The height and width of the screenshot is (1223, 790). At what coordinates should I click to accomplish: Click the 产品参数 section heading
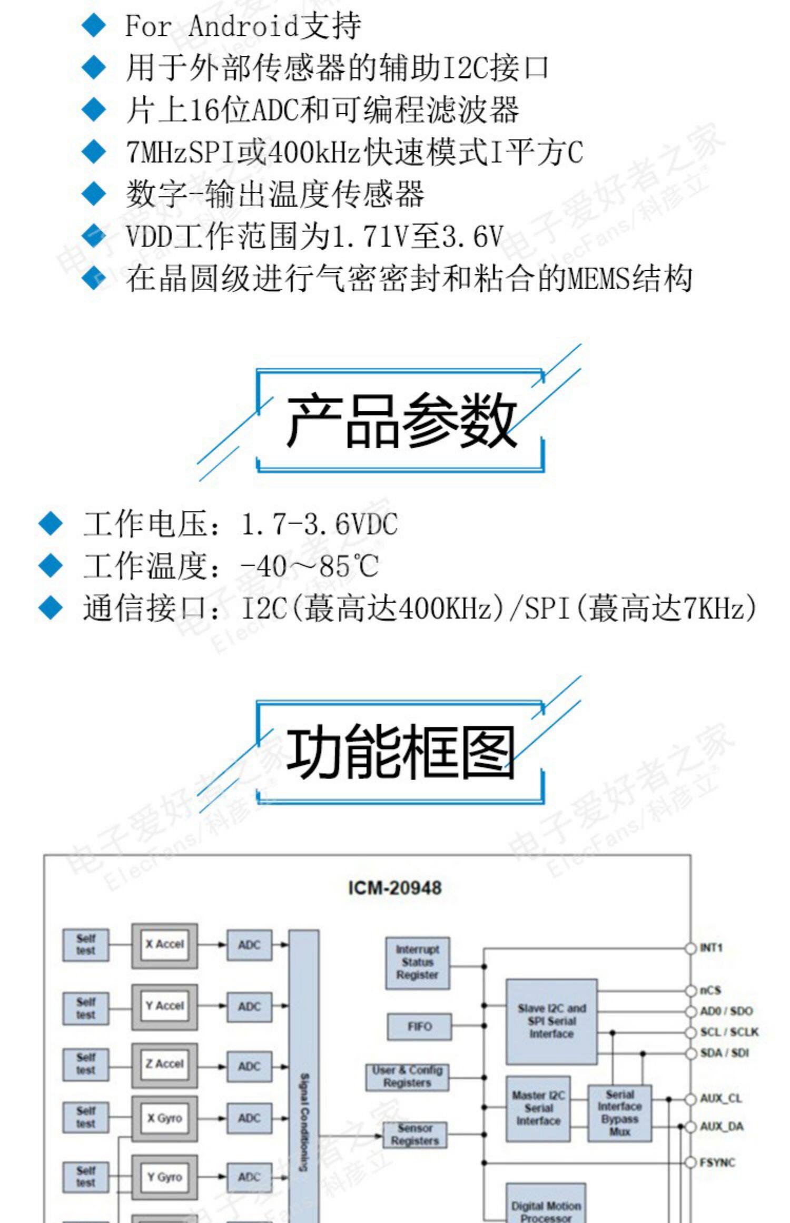point(400,421)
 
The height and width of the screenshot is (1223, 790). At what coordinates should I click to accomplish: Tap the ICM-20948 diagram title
point(394,888)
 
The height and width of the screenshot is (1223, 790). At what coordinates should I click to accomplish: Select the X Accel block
point(164,944)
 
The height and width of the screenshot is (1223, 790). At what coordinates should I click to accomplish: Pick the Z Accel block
point(164,1064)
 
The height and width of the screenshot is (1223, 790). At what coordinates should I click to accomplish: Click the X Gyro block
point(164,1118)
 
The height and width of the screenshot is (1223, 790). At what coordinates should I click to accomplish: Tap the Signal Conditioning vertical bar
point(304,1074)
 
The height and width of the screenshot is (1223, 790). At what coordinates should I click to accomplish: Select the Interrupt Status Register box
point(417,962)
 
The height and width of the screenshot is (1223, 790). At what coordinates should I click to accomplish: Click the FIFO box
point(419,1027)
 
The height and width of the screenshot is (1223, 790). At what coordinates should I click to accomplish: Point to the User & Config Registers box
point(407,1077)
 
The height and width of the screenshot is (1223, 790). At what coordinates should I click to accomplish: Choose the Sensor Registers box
point(414,1135)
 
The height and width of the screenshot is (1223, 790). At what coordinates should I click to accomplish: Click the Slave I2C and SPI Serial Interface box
point(551,1021)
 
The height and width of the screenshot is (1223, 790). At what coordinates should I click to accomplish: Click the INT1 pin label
point(711,948)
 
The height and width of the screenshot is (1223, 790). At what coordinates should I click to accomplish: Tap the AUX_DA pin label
point(721,1127)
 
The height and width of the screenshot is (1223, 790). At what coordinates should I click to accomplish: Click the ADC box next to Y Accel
point(249,1006)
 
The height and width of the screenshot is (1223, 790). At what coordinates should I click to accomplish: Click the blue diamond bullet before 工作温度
point(51,565)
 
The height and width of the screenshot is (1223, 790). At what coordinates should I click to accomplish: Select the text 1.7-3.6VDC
point(319,524)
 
